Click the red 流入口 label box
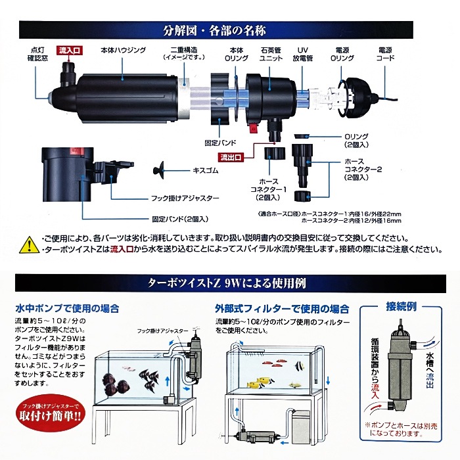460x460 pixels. point(69,51)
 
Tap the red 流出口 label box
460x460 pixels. point(231,157)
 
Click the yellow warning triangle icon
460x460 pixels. point(30,244)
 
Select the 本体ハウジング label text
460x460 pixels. point(124,50)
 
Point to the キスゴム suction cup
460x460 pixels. point(158,170)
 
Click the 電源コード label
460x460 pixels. point(385,54)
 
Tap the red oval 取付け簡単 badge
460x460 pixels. point(50,413)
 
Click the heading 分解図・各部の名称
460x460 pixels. point(214,30)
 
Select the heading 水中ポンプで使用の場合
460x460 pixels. point(67,308)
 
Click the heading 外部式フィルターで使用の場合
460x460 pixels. point(282,309)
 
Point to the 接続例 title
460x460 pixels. point(401,307)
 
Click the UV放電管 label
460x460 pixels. point(303,54)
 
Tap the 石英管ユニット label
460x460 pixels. point(271,54)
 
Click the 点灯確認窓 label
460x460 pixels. point(37,54)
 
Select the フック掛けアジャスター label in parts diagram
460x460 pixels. point(185,198)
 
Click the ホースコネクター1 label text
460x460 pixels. point(268,189)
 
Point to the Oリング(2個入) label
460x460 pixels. point(356,141)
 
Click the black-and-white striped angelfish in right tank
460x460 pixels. point(300,366)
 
